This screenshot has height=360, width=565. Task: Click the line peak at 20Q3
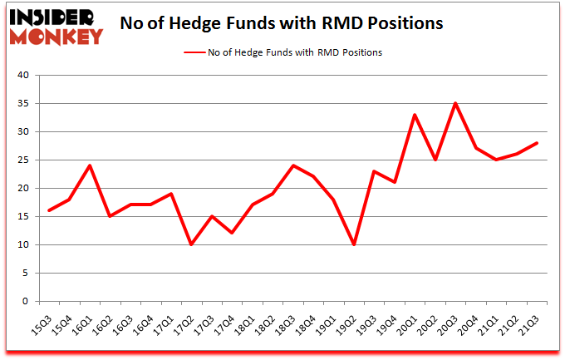(454, 103)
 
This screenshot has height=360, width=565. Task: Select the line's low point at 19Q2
(353, 244)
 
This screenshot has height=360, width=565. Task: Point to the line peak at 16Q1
(89, 165)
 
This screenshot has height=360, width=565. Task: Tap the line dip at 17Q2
(191, 244)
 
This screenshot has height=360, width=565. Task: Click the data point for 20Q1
(414, 115)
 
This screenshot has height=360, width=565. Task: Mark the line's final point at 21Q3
(536, 143)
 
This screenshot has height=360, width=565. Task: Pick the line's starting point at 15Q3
(48, 210)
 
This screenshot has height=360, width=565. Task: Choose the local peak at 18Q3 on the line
(292, 165)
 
